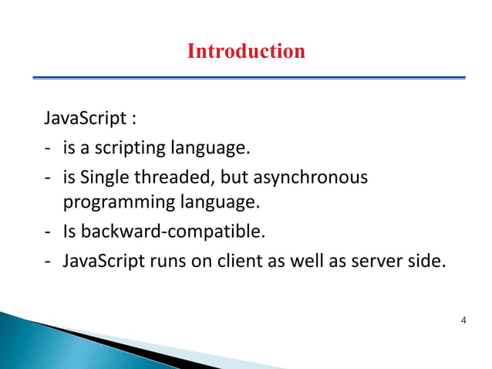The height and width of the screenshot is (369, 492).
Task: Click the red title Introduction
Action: click(246, 52)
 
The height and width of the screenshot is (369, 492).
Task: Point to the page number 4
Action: click(463, 320)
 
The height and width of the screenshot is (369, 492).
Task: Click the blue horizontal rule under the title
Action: click(248, 77)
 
